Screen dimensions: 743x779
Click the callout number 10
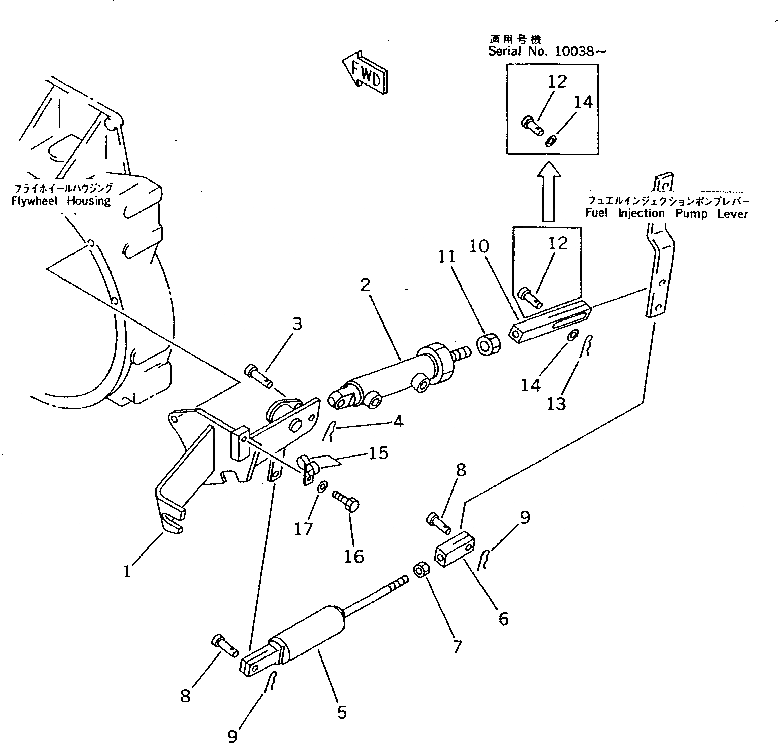[x=479, y=246]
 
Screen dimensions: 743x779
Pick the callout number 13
[x=556, y=404]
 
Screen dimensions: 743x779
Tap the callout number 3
[x=297, y=324]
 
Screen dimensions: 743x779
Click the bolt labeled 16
[x=346, y=501]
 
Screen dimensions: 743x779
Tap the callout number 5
[x=342, y=712]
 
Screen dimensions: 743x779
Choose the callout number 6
[x=503, y=619]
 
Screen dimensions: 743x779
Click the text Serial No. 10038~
[x=547, y=51]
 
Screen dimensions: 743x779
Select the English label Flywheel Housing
[x=61, y=201]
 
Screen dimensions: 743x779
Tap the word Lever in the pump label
[x=732, y=214]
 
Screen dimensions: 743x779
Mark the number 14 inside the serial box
[x=583, y=103]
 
